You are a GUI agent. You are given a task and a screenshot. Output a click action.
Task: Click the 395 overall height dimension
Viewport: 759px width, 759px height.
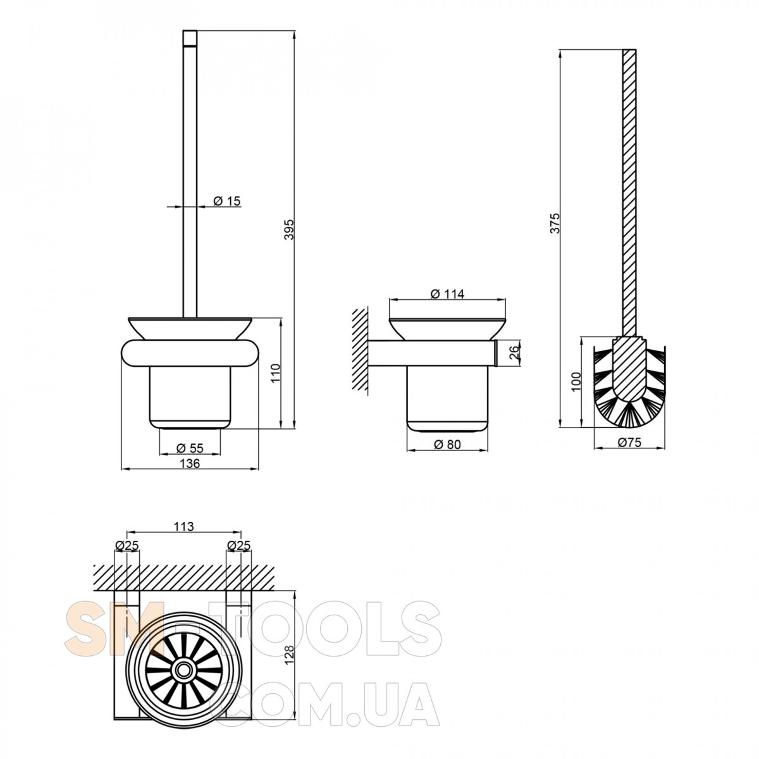(289, 229)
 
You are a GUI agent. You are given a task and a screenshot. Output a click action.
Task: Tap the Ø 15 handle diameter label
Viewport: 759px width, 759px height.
(226, 201)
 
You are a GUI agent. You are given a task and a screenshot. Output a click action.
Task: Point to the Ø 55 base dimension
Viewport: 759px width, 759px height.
(190, 448)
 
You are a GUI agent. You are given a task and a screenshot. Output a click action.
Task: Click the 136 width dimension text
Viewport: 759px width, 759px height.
(190, 463)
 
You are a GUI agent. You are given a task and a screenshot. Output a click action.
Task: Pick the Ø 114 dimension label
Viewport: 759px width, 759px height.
(447, 293)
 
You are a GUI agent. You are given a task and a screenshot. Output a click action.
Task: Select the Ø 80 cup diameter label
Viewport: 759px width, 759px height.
(447, 444)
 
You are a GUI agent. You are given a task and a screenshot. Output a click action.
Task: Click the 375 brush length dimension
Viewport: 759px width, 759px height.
(555, 223)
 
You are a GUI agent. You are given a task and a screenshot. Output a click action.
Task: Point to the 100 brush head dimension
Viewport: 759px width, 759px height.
(576, 381)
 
